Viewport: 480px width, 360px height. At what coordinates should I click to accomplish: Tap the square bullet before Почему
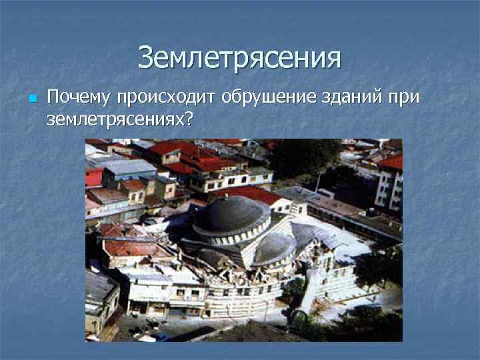pyautogui.click(x=31, y=99)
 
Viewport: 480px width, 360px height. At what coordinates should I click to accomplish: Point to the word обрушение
pyautogui.click(x=275, y=98)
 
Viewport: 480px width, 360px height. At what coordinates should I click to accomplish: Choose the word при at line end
pyautogui.click(x=405, y=98)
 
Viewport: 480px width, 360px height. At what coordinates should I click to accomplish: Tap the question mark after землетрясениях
pyautogui.click(x=190, y=119)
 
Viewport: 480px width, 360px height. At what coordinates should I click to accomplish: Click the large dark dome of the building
pyautogui.click(x=231, y=215)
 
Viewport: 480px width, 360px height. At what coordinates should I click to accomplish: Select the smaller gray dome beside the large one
pyautogui.click(x=274, y=247)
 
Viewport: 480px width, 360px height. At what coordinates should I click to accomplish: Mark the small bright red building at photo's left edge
pyautogui.click(x=93, y=177)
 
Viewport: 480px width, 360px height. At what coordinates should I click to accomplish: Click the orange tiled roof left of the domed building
pyautogui.click(x=130, y=247)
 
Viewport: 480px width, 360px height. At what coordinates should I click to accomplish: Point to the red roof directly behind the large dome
pyautogui.click(x=253, y=194)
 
